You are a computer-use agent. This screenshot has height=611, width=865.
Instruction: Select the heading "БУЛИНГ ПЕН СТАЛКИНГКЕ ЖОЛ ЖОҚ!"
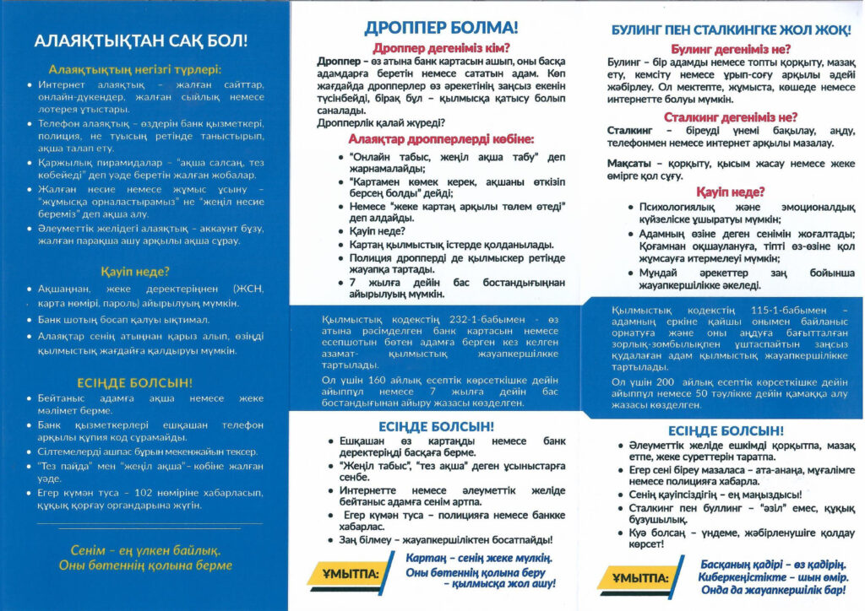(x=730, y=30)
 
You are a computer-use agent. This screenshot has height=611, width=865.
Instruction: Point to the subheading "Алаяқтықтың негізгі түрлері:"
(x=135, y=69)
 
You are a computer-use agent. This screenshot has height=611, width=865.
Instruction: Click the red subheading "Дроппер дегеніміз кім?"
(x=441, y=48)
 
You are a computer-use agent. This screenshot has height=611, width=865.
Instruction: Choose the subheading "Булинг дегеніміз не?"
(x=731, y=49)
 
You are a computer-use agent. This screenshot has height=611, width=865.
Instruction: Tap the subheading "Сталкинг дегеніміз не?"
(x=731, y=117)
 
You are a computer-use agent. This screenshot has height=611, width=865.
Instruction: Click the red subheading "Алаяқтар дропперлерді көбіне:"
(x=441, y=139)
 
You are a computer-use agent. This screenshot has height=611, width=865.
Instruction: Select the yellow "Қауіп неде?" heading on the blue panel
(x=135, y=272)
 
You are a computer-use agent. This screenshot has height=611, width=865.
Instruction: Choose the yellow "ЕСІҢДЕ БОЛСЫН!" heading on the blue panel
(x=135, y=381)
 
